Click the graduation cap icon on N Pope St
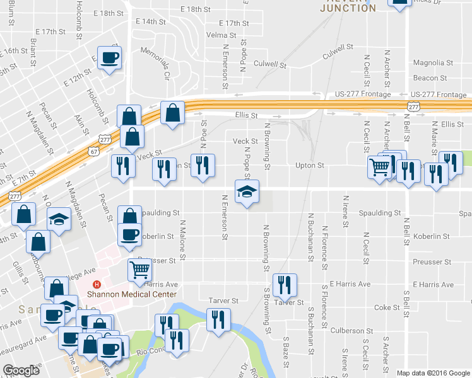[247, 192]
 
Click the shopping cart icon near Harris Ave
[139, 270]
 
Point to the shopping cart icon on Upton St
[379, 167]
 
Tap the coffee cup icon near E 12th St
[109, 58]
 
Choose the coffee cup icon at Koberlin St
[130, 234]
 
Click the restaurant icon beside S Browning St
[285, 285]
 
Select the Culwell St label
[270, 64]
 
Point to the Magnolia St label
[433, 63]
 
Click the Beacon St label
[430, 78]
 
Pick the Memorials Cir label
[156, 62]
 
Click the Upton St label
[309, 166]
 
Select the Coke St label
[383, 307]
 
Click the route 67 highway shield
[93, 152]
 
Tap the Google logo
[21, 370]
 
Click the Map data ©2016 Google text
[433, 373]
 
